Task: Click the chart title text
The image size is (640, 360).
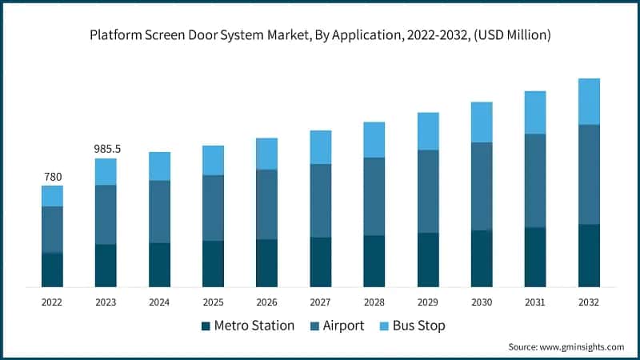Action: [320, 35]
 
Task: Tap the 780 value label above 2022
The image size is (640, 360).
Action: [53, 177]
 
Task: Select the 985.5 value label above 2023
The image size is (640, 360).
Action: [106, 149]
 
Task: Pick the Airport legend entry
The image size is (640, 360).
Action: [336, 326]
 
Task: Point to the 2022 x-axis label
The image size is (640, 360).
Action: [53, 302]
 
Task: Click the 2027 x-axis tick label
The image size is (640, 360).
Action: [320, 302]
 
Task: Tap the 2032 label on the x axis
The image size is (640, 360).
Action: [589, 302]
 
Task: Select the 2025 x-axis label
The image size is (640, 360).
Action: [213, 302]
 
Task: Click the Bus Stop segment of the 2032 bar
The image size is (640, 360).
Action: [589, 102]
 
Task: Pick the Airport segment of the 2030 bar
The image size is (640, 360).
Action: [482, 186]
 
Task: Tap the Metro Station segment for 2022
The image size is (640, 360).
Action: [53, 270]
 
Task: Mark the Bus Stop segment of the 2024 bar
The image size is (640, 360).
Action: [159, 166]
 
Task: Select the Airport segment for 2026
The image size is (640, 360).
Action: [266, 204]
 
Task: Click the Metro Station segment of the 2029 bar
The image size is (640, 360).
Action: [428, 260]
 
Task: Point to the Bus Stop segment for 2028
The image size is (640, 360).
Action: [374, 140]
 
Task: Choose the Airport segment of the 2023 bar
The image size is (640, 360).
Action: [106, 214]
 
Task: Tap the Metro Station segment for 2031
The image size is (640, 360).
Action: [535, 257]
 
